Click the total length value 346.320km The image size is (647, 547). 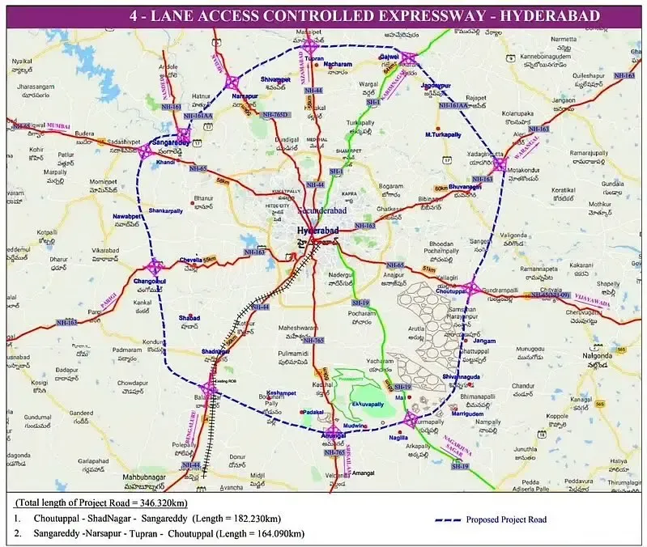[183, 502]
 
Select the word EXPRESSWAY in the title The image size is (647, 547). [437, 16]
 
